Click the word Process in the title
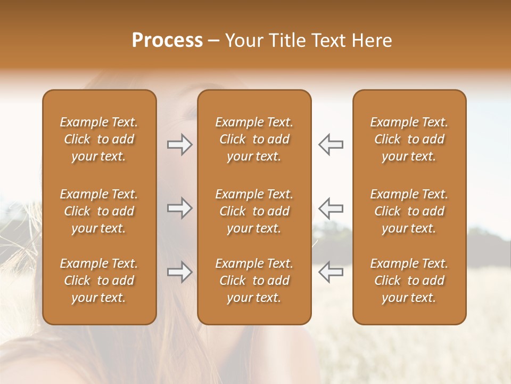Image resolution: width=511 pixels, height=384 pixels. pyautogui.click(x=167, y=41)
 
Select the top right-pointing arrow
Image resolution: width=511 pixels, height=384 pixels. pyautogui.click(x=180, y=145)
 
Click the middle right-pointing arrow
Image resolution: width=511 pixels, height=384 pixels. pyautogui.click(x=180, y=208)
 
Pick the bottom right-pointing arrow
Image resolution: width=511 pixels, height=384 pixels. pyautogui.click(x=180, y=272)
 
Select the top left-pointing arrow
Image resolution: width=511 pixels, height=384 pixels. pyautogui.click(x=331, y=145)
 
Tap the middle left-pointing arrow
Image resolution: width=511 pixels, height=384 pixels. pyautogui.click(x=331, y=208)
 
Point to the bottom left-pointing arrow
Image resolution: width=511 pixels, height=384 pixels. pyautogui.click(x=331, y=272)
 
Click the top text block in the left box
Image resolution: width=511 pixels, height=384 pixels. pyautogui.click(x=99, y=139)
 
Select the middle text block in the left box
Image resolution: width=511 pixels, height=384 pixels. pyautogui.click(x=99, y=211)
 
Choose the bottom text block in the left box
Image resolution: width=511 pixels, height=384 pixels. pyautogui.click(x=99, y=281)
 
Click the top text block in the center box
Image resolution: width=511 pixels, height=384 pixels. pyautogui.click(x=254, y=139)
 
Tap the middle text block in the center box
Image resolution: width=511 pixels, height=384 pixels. pyautogui.click(x=254, y=211)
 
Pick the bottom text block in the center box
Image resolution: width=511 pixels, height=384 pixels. pyautogui.click(x=254, y=281)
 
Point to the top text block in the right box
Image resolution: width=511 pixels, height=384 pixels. pyautogui.click(x=409, y=139)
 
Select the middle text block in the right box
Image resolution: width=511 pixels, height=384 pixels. pyautogui.click(x=409, y=211)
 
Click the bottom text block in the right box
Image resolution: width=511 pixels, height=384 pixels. pyautogui.click(x=409, y=281)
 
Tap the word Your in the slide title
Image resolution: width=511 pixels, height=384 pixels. pyautogui.click(x=242, y=41)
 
